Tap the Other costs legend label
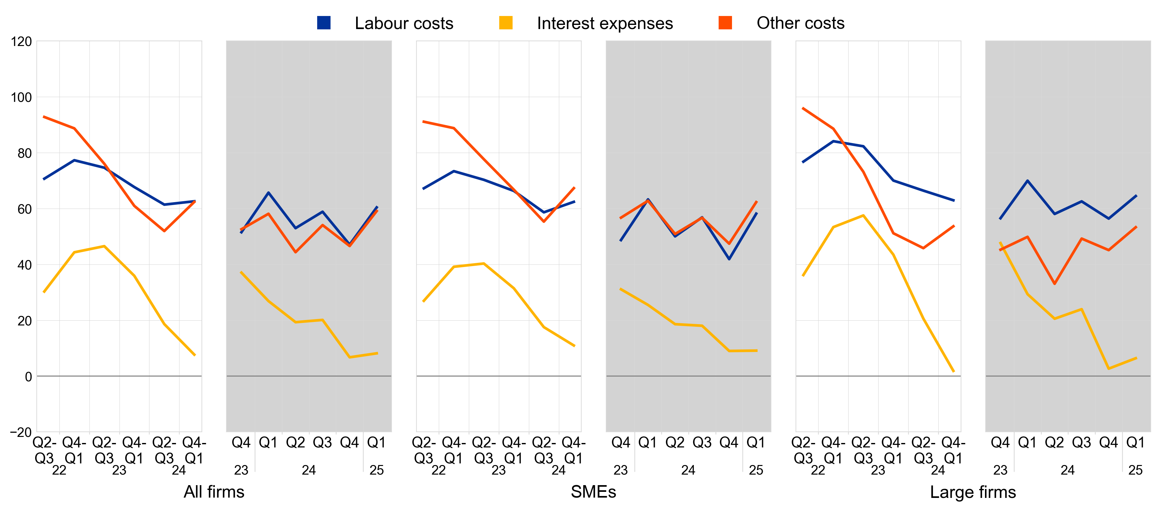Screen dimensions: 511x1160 [x=800, y=23]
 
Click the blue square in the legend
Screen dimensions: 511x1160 [x=324, y=22]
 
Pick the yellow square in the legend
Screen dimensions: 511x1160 [x=506, y=22]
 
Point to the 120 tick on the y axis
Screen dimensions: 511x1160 [x=21, y=42]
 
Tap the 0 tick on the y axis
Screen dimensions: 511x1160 [x=28, y=377]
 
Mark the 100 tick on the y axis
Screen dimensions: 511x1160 [x=21, y=97]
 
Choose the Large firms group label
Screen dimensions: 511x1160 [x=973, y=492]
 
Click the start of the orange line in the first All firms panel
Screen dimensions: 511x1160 [x=44, y=117]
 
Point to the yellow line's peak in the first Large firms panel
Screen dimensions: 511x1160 [x=863, y=215]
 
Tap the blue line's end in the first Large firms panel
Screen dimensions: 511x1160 [x=954, y=200]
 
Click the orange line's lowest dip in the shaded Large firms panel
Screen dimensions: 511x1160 [x=1054, y=284]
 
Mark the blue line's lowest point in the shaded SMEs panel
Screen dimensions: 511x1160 [x=729, y=259]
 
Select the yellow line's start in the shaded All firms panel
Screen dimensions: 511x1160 [x=241, y=272]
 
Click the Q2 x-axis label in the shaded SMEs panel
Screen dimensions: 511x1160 [x=675, y=443]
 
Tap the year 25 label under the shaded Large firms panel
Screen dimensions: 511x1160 [x=1135, y=470]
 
